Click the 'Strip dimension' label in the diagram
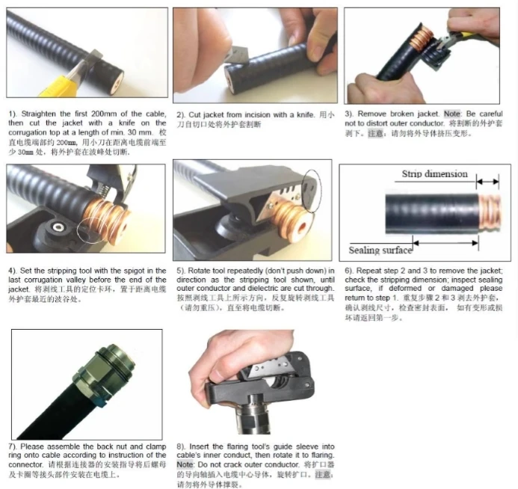434,174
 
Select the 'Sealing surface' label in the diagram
380,250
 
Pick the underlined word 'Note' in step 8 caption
185,464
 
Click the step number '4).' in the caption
12,270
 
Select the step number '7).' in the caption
12,446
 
